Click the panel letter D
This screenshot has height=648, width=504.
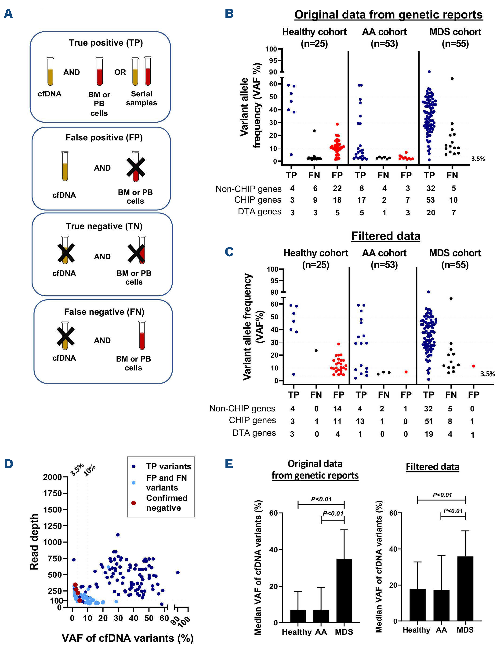point(9,464)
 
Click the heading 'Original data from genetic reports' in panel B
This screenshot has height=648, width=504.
point(388,15)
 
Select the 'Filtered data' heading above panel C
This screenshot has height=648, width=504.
point(385,236)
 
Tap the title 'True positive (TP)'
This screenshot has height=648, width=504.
point(106,43)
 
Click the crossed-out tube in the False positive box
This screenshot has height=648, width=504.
point(135,167)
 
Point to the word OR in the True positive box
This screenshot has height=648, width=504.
point(120,72)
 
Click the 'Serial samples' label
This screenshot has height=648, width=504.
point(141,98)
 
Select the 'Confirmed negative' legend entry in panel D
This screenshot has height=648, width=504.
point(166,503)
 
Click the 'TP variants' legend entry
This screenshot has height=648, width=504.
point(168,466)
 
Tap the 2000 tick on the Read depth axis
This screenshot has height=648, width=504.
point(52,477)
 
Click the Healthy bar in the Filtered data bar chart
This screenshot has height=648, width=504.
point(417,605)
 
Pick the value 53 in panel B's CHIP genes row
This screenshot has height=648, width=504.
point(431,200)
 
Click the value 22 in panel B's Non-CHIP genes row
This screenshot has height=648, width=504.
point(337,188)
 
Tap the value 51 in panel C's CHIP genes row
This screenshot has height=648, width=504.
point(429,421)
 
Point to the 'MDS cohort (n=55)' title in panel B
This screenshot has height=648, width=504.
point(455,38)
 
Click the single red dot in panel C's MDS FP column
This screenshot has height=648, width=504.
point(473,366)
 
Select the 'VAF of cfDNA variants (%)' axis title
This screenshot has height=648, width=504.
point(127,638)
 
